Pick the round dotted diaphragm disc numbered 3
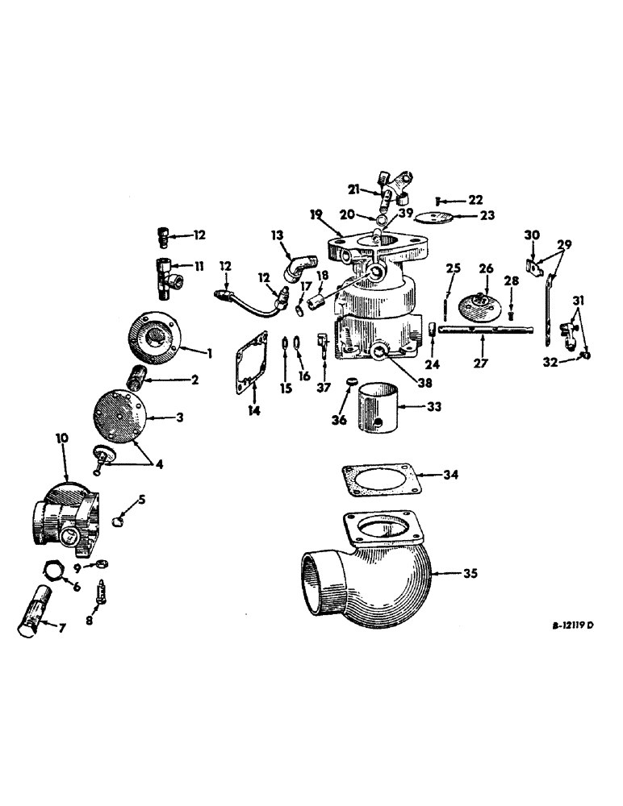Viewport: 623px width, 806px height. [x=115, y=417]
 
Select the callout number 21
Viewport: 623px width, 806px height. [x=353, y=189]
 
